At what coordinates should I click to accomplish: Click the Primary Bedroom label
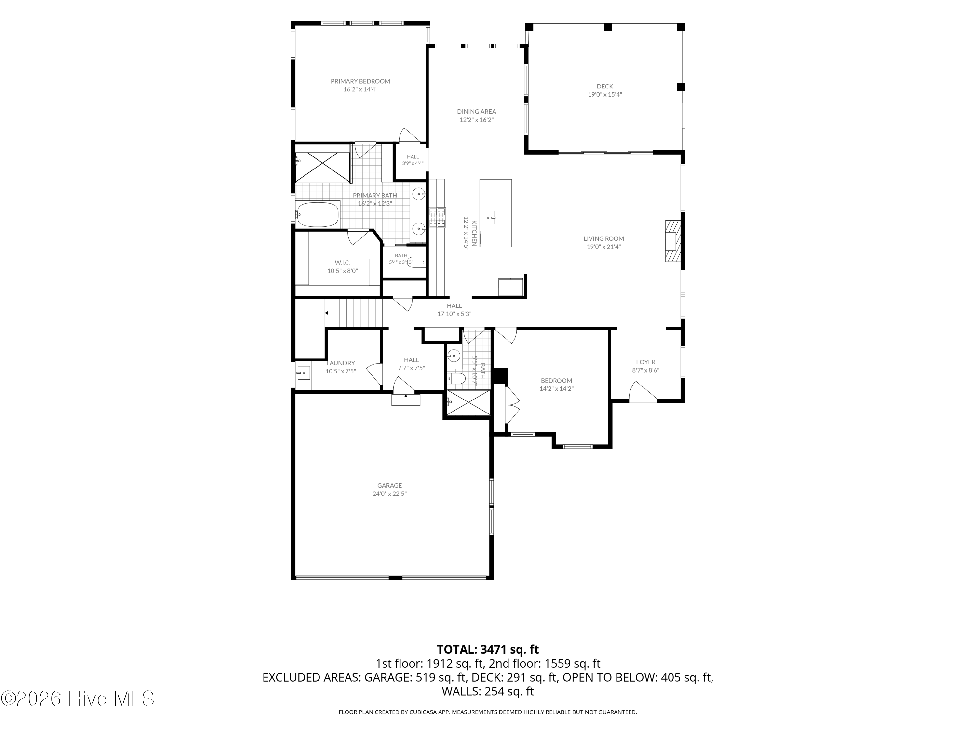pyautogui.click(x=360, y=81)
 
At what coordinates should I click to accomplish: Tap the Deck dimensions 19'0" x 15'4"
pyautogui.click(x=605, y=94)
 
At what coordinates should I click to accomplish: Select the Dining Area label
pyautogui.click(x=477, y=112)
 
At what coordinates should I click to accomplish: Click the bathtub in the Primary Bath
pyautogui.click(x=317, y=214)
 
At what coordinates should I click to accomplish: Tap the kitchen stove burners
pyautogui.click(x=438, y=218)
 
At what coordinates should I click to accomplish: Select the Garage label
pyautogui.click(x=390, y=486)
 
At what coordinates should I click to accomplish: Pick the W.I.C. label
pyautogui.click(x=342, y=263)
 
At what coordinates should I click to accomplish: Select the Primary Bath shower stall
pyautogui.click(x=322, y=167)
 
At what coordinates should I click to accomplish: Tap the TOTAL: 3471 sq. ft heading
pyautogui.click(x=488, y=649)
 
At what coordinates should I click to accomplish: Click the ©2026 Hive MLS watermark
pyautogui.click(x=78, y=698)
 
